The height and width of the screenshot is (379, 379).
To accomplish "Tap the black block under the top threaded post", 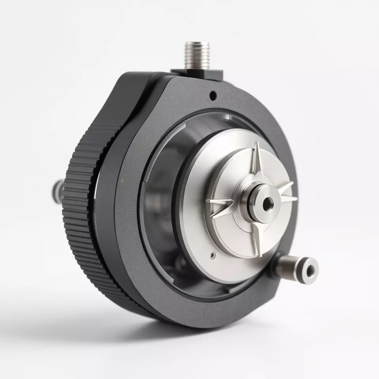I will (x=197, y=73).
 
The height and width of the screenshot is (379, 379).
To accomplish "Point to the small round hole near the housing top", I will (x=212, y=95).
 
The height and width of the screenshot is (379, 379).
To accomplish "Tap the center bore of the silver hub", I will (x=268, y=204).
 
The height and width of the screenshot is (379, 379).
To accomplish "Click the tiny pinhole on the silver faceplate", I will (x=213, y=255).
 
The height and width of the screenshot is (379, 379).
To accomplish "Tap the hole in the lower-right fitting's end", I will (x=311, y=270).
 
